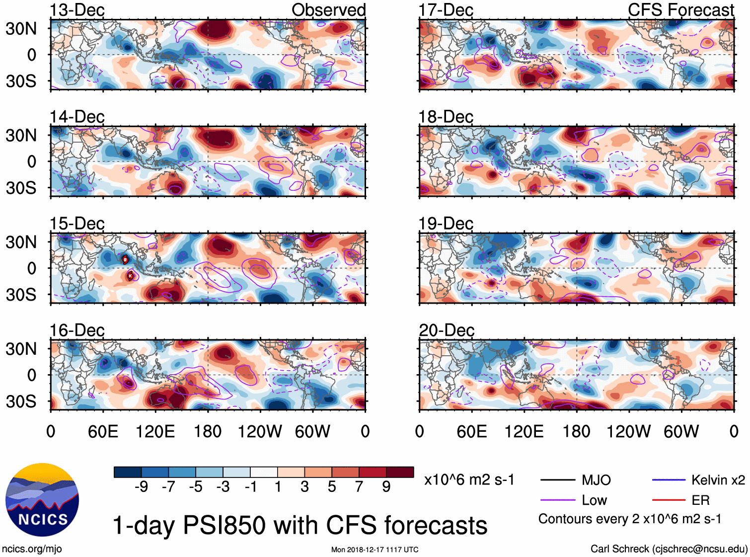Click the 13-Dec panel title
point(77,10)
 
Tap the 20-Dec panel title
point(447,330)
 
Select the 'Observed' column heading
point(328,10)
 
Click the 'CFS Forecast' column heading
point(680,10)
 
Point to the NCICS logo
point(42,500)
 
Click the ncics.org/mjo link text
point(32,549)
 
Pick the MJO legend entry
point(596,480)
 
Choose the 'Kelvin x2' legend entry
point(718,480)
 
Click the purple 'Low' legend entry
point(594,500)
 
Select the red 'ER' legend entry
point(700,500)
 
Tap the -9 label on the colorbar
point(141,487)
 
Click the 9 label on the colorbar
point(386,487)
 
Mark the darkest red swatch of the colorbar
point(400,472)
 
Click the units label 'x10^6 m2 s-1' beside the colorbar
point(469,480)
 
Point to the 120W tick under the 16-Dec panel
point(260,431)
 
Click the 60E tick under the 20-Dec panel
point(471,431)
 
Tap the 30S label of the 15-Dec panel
point(21,295)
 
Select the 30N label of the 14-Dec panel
point(21,135)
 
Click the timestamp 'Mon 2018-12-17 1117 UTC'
point(375,550)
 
